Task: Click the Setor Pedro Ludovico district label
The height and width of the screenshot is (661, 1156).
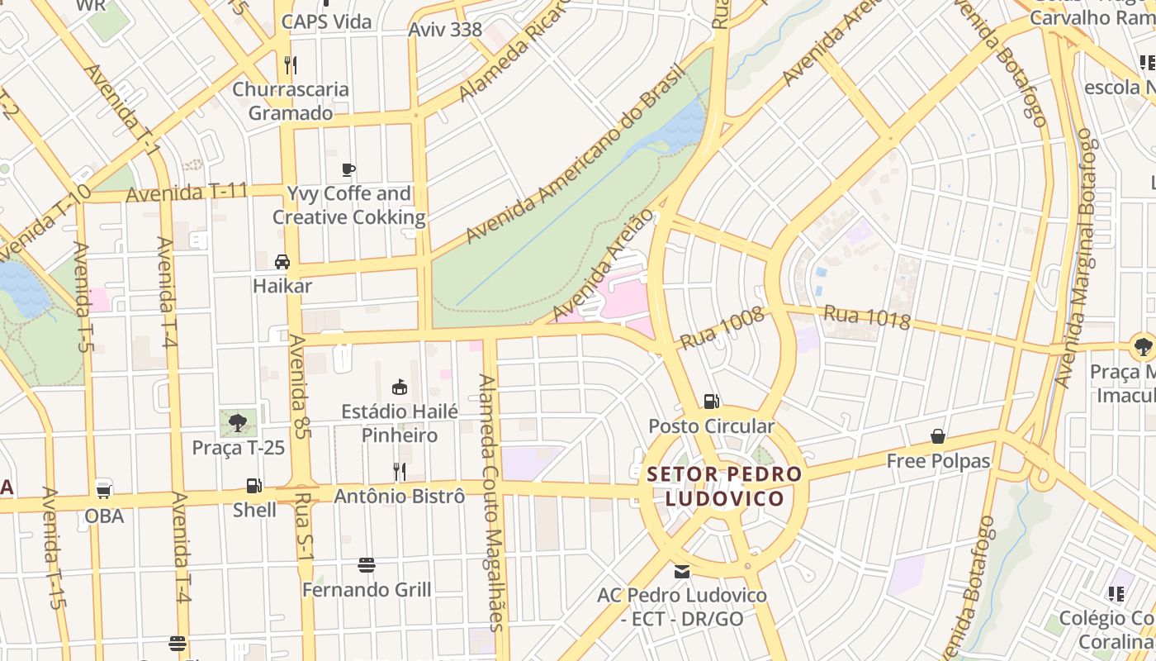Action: (724, 487)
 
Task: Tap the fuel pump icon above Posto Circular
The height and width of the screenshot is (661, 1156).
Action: (711, 402)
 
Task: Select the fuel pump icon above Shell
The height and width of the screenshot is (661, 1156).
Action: (254, 486)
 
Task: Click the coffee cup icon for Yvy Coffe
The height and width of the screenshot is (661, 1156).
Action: (348, 170)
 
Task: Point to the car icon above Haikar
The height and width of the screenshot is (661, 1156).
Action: (282, 262)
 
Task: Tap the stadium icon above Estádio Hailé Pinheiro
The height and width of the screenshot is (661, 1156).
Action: (400, 387)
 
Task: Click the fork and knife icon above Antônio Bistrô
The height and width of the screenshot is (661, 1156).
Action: (400, 472)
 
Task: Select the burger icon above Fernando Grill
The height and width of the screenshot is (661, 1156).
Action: (367, 565)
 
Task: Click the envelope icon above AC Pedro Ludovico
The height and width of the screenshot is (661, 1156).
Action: (682, 571)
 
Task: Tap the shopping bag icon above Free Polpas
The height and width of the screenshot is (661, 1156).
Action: (938, 436)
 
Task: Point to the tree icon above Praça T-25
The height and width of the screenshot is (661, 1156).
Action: (238, 423)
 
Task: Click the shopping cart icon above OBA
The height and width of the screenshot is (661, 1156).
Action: (104, 490)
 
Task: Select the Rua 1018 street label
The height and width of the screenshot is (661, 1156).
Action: (867, 316)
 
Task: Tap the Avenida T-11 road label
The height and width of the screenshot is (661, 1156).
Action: (187, 193)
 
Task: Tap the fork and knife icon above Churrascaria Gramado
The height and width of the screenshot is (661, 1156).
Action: (290, 64)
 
